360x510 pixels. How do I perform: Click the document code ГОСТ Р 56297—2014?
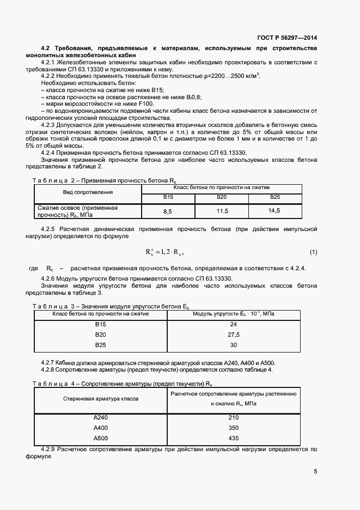tap(286, 38)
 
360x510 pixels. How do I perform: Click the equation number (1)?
tap(313, 252)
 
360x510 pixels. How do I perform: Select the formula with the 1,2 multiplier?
tap(164, 252)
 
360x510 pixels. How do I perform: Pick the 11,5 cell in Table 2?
tap(222, 211)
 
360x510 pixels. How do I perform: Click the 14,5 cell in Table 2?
tap(274, 211)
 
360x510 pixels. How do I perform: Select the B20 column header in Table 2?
tap(222, 197)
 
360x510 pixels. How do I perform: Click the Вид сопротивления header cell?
tap(87, 192)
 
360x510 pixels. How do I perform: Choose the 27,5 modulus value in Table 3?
tap(234, 335)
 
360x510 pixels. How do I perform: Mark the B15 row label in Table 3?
tap(100, 324)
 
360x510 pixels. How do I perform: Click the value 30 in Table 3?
tap(234, 345)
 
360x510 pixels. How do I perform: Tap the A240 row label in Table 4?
tap(101, 417)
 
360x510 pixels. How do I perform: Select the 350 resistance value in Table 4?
tap(234, 428)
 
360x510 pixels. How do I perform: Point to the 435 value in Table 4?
tap(234, 438)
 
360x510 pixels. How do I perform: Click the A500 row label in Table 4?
tap(101, 438)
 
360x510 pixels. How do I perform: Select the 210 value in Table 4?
tap(234, 417)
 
